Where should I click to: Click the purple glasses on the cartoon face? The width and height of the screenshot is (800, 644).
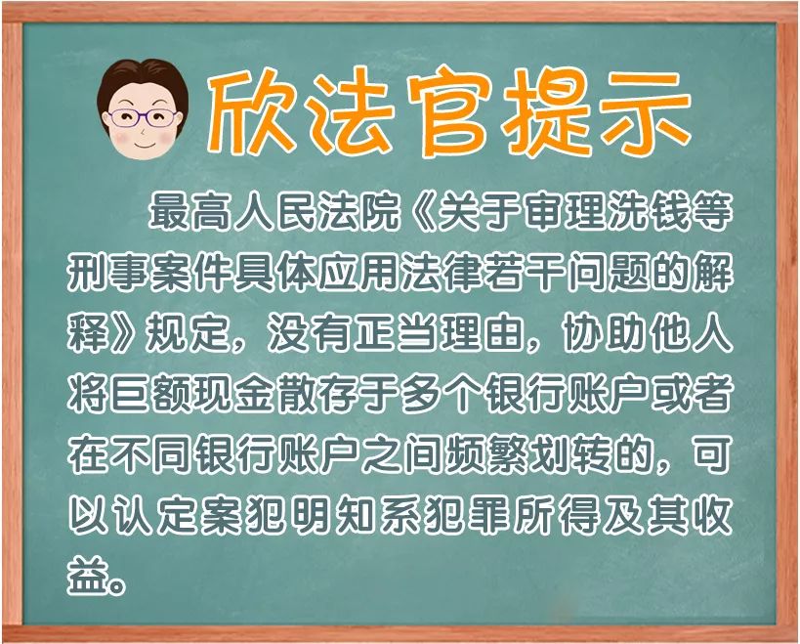coord(143,117)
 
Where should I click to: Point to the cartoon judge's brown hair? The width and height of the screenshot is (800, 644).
coord(142,76)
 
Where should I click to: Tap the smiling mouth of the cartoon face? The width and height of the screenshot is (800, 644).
coord(145,146)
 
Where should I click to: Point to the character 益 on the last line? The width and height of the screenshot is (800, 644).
coord(88,576)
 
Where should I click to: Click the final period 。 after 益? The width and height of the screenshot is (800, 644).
coord(118,586)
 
